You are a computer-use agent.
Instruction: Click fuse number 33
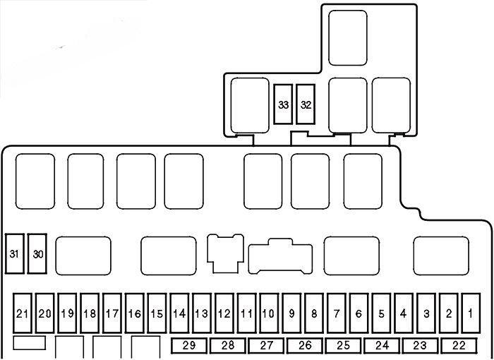(x=283, y=104)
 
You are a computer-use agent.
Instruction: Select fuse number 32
(x=306, y=104)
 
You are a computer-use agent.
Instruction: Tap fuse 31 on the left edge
(x=15, y=253)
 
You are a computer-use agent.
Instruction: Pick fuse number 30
(x=37, y=253)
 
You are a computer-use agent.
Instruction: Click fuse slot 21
(x=23, y=313)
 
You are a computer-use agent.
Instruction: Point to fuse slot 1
(x=471, y=313)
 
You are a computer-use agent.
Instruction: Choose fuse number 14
(x=179, y=313)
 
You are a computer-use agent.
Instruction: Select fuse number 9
(x=291, y=313)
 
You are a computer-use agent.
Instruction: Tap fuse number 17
(x=112, y=313)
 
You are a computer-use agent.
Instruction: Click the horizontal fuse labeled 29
(x=189, y=346)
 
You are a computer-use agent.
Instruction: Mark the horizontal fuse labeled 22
(x=459, y=346)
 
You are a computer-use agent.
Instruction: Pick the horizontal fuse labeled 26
(x=305, y=346)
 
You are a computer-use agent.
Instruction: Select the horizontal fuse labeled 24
(x=382, y=346)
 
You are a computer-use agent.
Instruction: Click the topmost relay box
(x=348, y=38)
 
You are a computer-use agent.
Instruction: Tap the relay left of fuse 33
(x=250, y=105)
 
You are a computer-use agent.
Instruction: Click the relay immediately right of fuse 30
(x=83, y=256)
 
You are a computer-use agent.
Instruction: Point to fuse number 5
(x=381, y=313)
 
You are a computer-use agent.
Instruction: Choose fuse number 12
(x=224, y=313)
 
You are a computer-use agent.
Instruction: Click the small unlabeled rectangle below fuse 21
(x=30, y=342)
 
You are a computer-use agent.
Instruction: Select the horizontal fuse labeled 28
(x=227, y=346)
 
